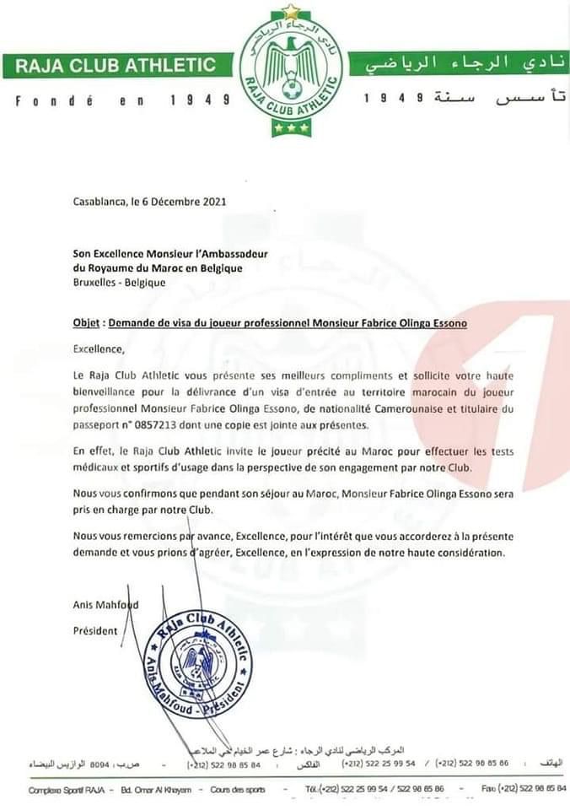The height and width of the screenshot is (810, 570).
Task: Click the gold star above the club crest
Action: pos(292,12)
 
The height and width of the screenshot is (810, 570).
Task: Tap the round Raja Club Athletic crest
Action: pos(291,71)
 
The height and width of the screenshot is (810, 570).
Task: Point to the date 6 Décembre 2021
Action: pos(191,202)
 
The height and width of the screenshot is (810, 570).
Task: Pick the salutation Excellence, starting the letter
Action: pos(98,348)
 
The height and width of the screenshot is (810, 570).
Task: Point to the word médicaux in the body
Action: pos(97,467)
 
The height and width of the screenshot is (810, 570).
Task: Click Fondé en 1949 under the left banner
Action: pos(123,100)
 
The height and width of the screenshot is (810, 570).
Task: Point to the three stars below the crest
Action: pos(291,128)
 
